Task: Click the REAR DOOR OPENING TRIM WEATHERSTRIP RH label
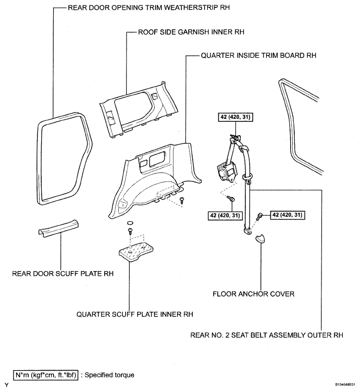pos(148,7)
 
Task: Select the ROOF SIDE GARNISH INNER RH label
pos(191,32)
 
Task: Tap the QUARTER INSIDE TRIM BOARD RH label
pos(258,55)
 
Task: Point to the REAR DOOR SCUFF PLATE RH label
pos(63,274)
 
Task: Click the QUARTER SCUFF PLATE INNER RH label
pos(134,314)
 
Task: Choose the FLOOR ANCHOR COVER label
pos(254,294)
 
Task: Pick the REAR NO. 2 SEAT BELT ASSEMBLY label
pos(267,335)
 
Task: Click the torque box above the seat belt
pos(235,117)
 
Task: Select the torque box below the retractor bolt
pos(225,215)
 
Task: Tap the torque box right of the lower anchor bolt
pos(287,215)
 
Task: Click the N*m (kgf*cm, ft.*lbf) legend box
pos(45,375)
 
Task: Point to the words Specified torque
pos(110,375)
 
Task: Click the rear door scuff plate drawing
pos(58,228)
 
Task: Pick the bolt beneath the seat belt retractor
pos(231,198)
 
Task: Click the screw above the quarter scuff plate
pos(130,231)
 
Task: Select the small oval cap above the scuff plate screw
pos(130,223)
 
